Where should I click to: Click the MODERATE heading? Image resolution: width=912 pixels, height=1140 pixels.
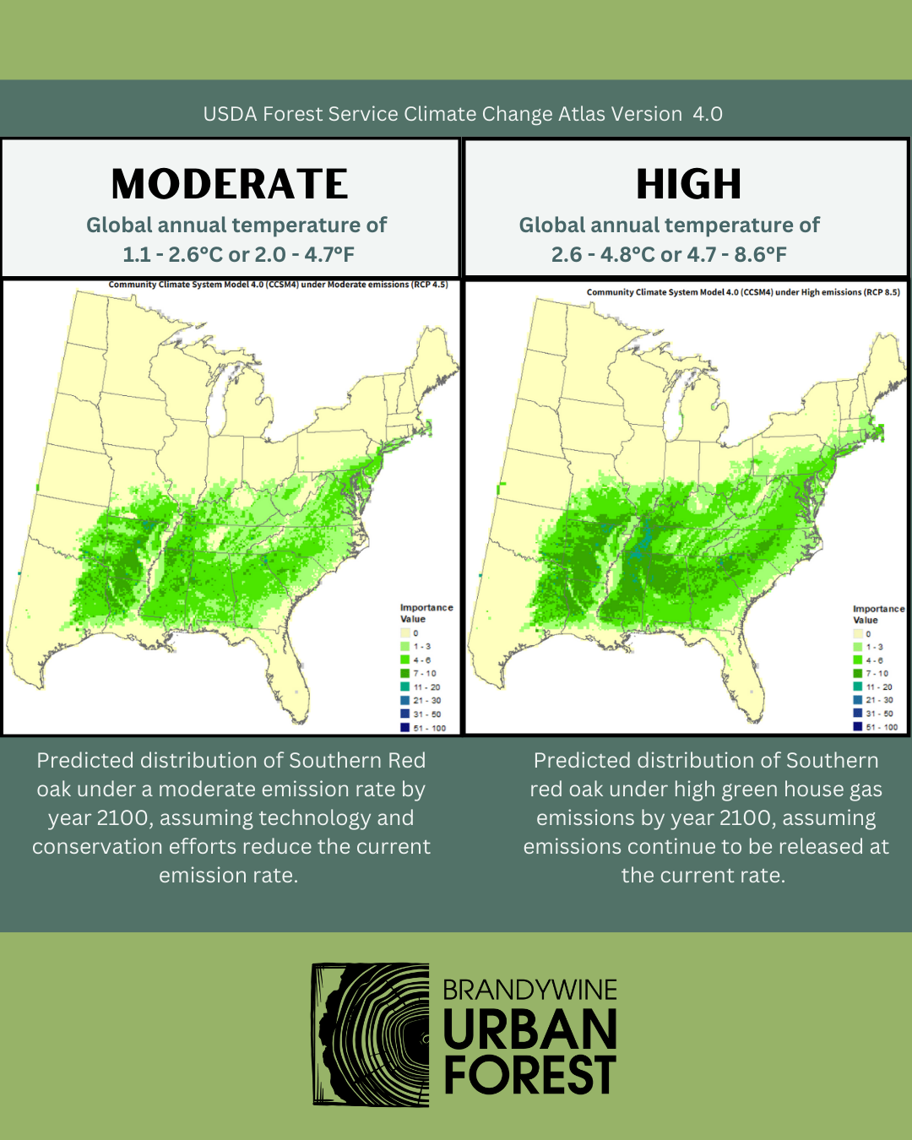230,184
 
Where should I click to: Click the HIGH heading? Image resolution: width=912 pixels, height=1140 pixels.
688,184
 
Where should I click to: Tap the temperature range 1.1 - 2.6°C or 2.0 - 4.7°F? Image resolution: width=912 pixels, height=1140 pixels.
238,254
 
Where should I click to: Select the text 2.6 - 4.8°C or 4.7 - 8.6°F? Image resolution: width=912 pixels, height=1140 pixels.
669,254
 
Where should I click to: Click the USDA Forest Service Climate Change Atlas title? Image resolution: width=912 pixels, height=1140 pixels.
463,114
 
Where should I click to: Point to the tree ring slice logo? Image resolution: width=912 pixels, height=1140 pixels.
370,1034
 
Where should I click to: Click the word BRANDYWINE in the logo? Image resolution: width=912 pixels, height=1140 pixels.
529,990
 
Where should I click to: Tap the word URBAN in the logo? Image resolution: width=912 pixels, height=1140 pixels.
529,1030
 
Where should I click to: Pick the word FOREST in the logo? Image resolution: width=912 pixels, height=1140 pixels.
529,1075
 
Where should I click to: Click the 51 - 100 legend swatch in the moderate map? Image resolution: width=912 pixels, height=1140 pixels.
405,727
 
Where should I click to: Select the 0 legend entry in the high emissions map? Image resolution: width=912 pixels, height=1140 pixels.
858,633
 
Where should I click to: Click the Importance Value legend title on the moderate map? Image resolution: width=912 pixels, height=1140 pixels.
426,613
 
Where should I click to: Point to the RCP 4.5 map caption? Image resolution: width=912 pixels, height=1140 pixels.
279,285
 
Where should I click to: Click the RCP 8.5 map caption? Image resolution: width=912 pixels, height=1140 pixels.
743,292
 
